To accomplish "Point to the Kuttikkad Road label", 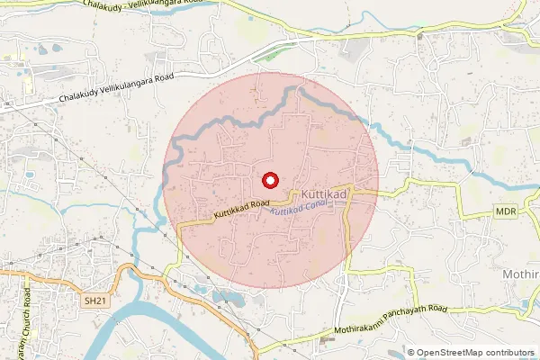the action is (242, 211).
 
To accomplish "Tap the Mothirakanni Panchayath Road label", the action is (390, 319).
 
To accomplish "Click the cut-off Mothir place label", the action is (519, 271).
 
